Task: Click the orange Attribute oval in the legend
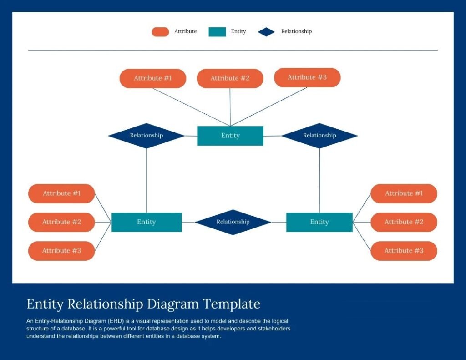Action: tap(160, 32)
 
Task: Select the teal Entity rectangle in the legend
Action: tap(217, 32)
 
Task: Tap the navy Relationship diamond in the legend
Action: tap(266, 32)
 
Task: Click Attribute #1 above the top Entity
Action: tap(153, 78)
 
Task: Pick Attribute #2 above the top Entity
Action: tap(230, 78)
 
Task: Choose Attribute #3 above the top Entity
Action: tap(307, 77)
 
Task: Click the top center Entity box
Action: tap(230, 136)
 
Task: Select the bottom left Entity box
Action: tap(147, 222)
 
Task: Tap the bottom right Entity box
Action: tap(319, 222)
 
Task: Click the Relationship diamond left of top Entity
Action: tap(147, 136)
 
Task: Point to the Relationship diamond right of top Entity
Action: tap(319, 136)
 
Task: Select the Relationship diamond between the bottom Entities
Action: tap(233, 222)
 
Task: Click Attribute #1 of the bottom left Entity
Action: tap(62, 193)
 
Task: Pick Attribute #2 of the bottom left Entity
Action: tap(62, 222)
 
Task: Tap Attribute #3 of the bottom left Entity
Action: tap(62, 251)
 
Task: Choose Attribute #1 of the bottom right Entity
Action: tap(404, 193)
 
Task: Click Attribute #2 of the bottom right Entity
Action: tap(404, 222)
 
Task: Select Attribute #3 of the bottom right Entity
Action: tap(404, 251)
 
